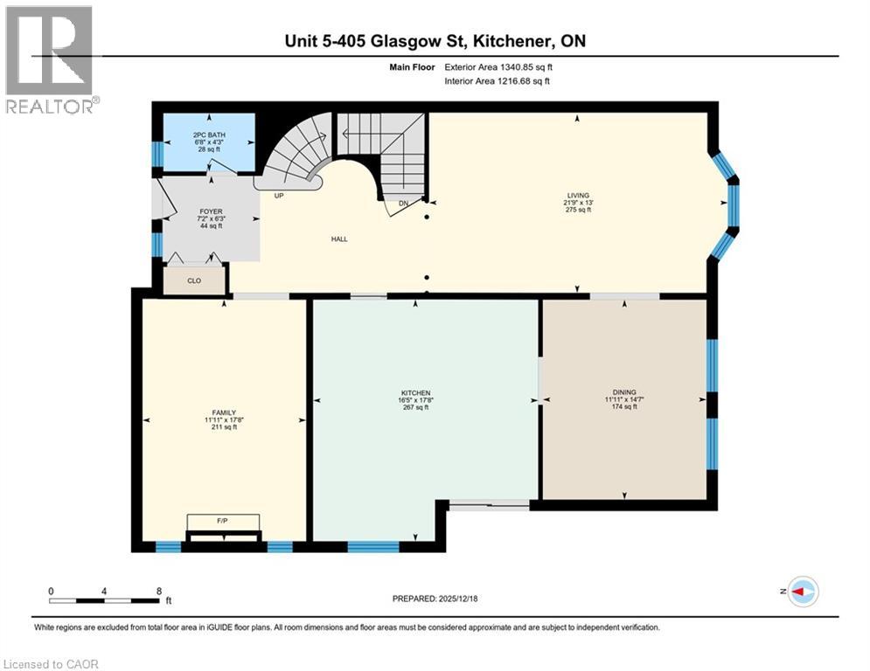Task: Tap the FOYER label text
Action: tap(211, 211)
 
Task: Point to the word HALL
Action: tap(339, 239)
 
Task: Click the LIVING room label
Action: tap(577, 195)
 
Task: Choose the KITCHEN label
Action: tap(416, 392)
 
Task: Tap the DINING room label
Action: tap(624, 392)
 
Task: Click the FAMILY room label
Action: tap(224, 412)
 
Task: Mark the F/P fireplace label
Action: tap(222, 521)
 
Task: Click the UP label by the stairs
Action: tap(279, 196)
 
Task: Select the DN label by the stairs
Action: tap(403, 204)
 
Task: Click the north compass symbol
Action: tap(802, 591)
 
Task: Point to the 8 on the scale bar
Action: tap(158, 591)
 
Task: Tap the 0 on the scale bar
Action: tap(51, 591)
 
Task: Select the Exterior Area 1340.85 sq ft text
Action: tap(498, 66)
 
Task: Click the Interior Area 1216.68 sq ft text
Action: tap(498, 81)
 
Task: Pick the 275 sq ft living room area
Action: tap(577, 210)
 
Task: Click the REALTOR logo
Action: tap(51, 60)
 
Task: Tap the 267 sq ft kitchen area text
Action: tap(416, 407)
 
